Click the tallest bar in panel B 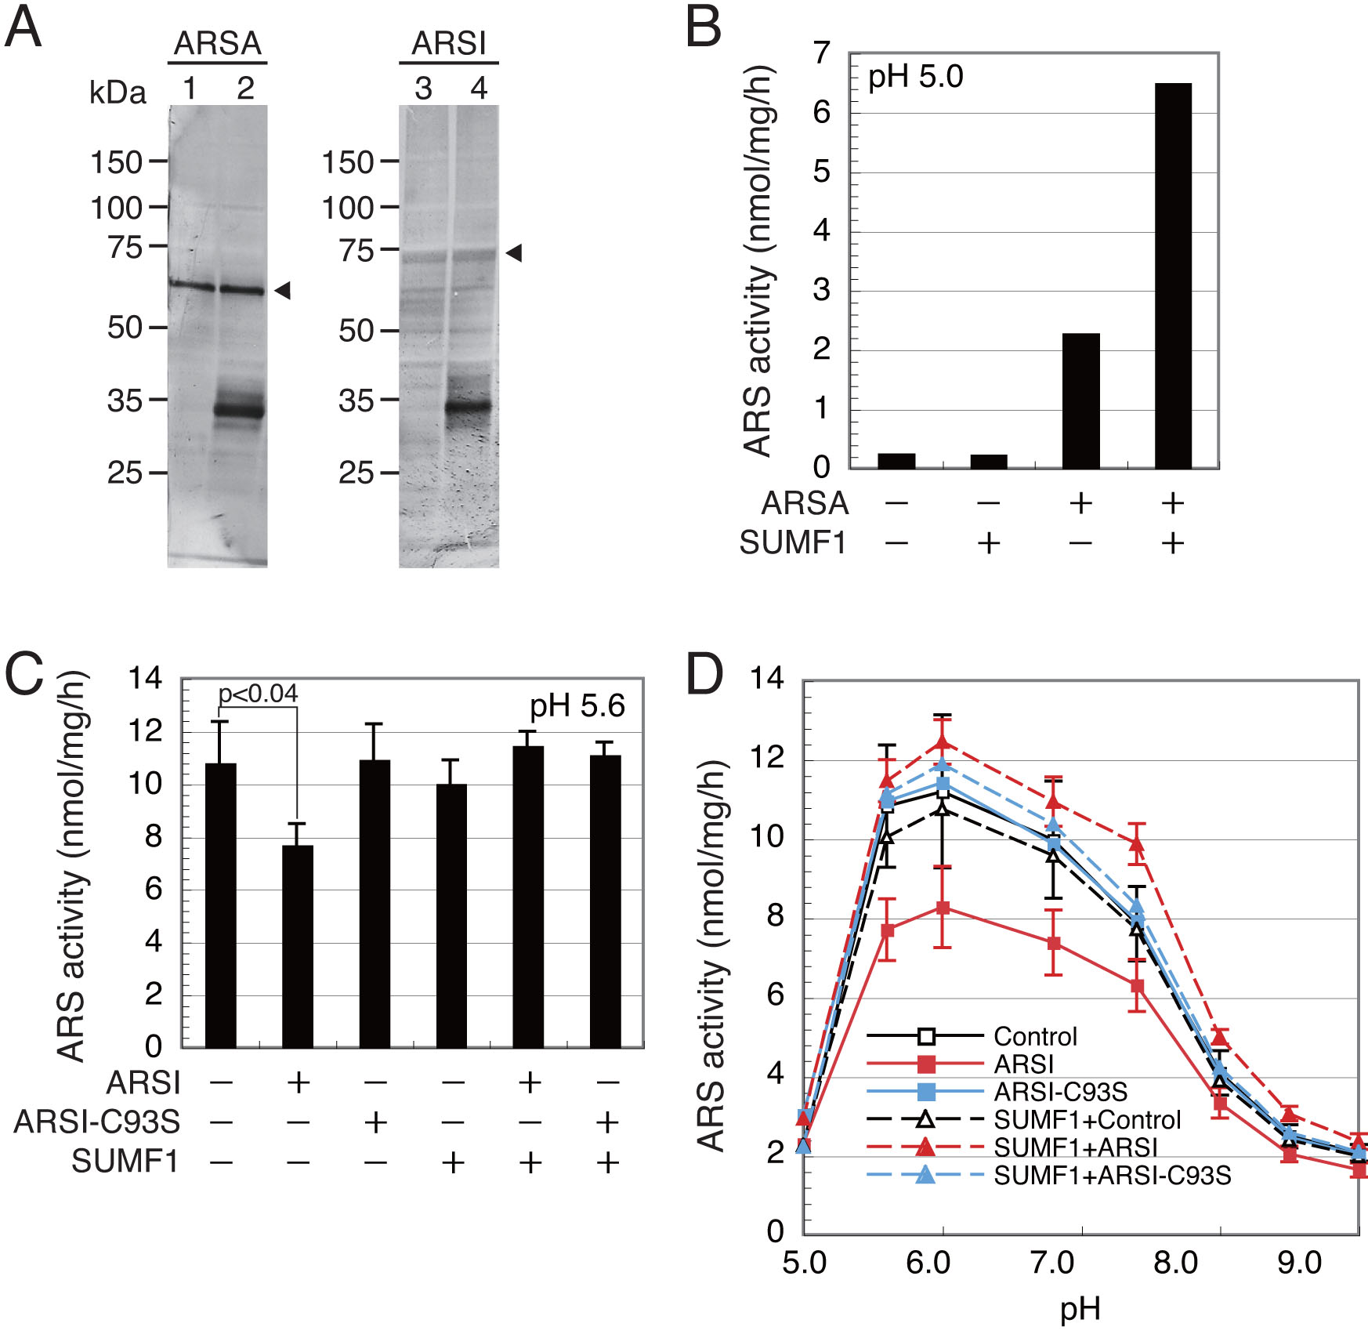[1173, 276]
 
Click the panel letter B [703, 28]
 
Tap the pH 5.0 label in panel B [915, 78]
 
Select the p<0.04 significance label [258, 694]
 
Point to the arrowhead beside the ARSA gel [283, 291]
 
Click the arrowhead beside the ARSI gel [514, 252]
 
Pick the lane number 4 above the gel [479, 89]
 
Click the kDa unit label [118, 92]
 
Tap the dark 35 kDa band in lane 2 [240, 410]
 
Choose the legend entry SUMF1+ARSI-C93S [1112, 1176]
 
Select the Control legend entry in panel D [1035, 1036]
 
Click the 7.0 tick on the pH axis [1052, 1263]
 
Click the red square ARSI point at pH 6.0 [943, 908]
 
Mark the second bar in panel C [298, 946]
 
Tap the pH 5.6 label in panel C [577, 706]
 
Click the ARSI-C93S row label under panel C [97, 1122]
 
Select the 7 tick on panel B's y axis [821, 53]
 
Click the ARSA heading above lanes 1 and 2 [217, 44]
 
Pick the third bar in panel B [1080, 401]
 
